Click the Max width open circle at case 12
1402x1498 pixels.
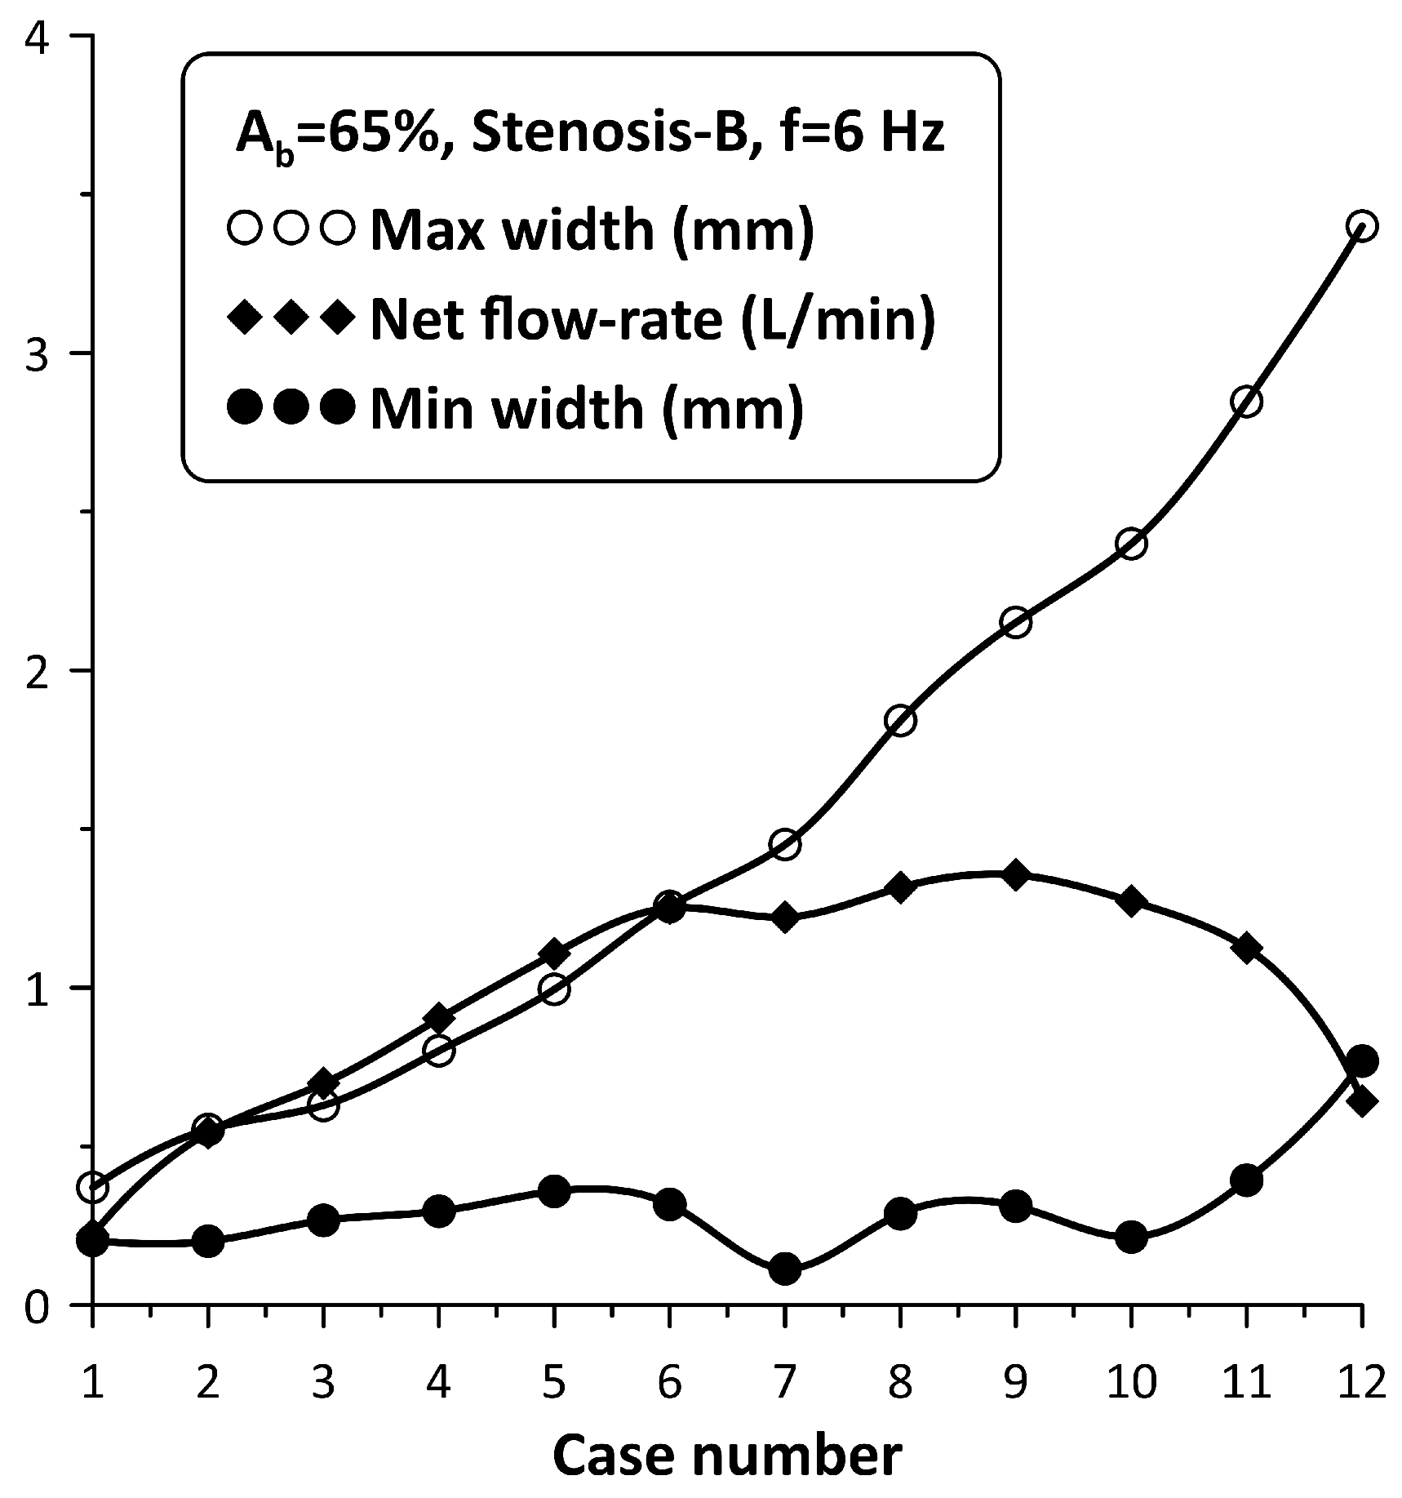(x=1361, y=225)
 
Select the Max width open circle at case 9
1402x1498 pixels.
(x=1015, y=623)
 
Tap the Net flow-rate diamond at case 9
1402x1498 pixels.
(x=1015, y=875)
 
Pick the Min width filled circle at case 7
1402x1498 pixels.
(x=784, y=1269)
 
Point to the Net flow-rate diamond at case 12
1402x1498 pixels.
(x=1361, y=1100)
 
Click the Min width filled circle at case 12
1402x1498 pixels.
(x=1361, y=1060)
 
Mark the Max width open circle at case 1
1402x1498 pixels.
(x=92, y=1188)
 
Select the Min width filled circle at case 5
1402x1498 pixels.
(x=554, y=1191)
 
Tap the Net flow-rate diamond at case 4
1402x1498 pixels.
(x=439, y=1017)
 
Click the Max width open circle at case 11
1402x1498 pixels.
(x=1246, y=402)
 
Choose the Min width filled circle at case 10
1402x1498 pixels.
(x=1131, y=1238)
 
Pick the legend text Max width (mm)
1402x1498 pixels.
(x=592, y=231)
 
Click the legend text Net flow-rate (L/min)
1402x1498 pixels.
(x=652, y=319)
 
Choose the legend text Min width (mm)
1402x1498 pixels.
(x=587, y=407)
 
